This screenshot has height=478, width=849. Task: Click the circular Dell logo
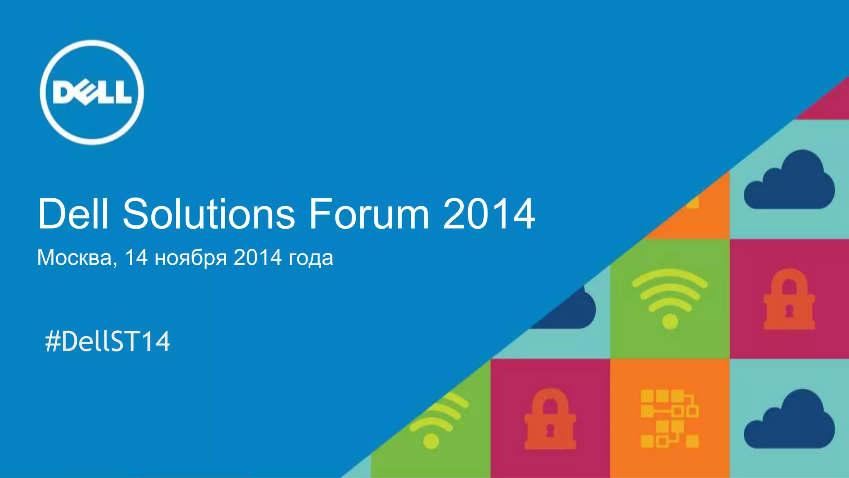pos(92,92)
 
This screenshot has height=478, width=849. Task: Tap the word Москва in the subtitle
pos(74,258)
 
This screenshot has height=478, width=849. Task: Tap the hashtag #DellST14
pos(107,341)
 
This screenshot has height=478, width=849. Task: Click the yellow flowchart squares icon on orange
pos(669,418)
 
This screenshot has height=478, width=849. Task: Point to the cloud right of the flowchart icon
pos(789,420)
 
